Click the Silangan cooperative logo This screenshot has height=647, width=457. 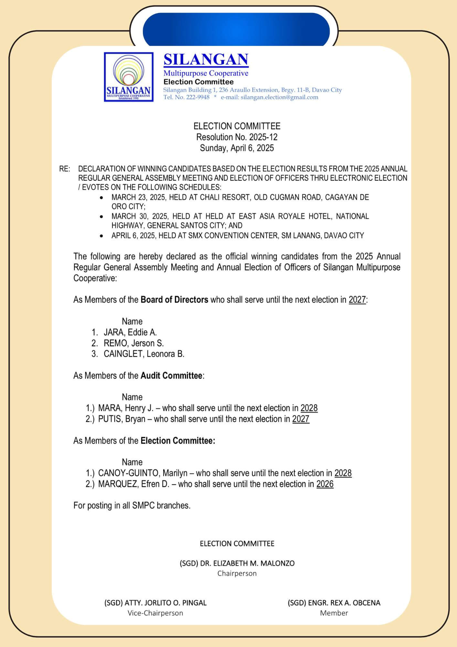coord(129,77)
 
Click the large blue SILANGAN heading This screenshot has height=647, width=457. coord(206,60)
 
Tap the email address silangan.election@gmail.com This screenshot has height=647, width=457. coord(279,97)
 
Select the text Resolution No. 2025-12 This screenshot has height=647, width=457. coord(237,137)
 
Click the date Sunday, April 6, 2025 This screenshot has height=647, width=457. coord(237,148)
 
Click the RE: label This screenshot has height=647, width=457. coord(65,169)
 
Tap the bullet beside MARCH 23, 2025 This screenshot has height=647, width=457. coord(102,197)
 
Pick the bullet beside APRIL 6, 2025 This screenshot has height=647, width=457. coord(102,236)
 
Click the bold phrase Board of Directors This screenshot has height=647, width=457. coord(174,300)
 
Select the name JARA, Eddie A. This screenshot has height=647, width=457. coord(130,332)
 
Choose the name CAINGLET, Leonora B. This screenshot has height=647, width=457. coord(144,354)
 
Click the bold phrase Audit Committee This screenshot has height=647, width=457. coord(171,376)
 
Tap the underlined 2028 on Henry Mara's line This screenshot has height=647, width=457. coord(309,408)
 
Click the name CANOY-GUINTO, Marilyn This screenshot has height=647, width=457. coord(143,473)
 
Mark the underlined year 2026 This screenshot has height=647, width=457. coord(325,484)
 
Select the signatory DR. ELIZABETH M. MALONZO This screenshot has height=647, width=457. coord(247,563)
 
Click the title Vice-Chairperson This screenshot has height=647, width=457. coord(155,613)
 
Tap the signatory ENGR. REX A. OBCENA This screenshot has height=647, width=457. coord(344,603)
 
